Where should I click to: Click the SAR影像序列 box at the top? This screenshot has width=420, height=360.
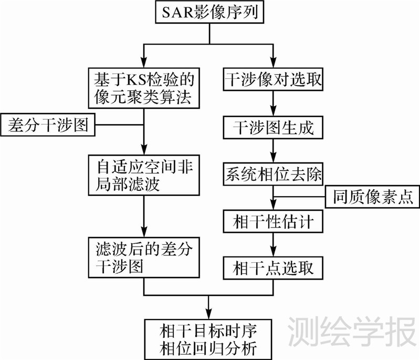[210, 12]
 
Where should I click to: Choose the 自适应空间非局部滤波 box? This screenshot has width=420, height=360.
[144, 174]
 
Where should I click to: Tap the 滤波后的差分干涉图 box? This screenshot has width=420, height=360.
[144, 258]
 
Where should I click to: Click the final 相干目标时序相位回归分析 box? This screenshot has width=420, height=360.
[209, 339]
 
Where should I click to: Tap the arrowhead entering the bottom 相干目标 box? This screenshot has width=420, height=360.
[209, 313]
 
